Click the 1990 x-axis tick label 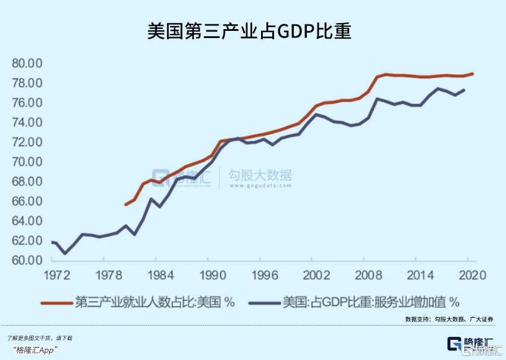(209, 276)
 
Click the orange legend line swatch (57, 302)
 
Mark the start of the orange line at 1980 (125, 204)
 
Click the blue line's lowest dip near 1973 (65, 253)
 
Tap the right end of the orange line (473, 74)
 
